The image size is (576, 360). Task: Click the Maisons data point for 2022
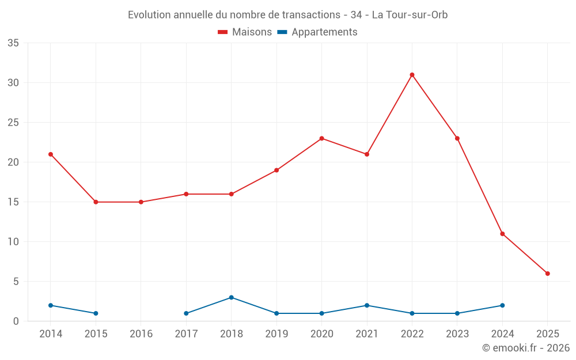412,75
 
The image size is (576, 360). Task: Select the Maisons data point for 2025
547,274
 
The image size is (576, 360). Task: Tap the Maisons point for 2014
51,154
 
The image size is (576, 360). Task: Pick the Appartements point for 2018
231,297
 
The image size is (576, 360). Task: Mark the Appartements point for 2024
502,305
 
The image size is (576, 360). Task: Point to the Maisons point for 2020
321,138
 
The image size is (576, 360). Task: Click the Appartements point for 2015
96,313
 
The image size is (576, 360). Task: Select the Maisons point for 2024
502,234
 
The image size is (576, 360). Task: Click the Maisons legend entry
245,32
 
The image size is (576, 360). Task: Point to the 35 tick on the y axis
13,43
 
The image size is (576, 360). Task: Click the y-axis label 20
13,162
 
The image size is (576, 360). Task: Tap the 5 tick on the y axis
16,282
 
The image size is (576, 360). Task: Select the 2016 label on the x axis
141,334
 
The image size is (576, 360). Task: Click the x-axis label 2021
367,334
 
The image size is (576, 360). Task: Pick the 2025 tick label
547,334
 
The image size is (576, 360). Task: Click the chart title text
288,15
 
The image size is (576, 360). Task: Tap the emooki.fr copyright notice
526,348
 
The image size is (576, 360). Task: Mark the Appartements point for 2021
367,305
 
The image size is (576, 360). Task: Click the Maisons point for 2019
276,170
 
